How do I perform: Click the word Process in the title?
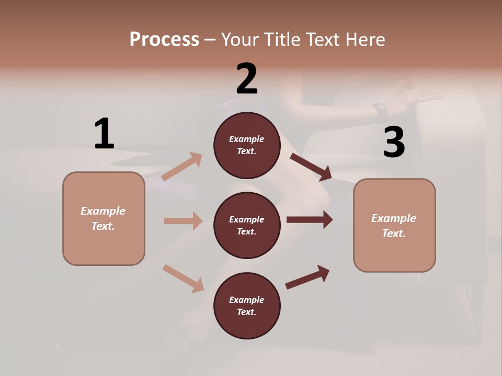point(164,39)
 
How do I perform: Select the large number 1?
point(104,134)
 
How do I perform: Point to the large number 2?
point(247,79)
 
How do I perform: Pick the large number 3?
point(394,142)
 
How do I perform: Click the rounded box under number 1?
point(104,218)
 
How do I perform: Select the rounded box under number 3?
point(394,225)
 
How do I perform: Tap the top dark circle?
point(247,145)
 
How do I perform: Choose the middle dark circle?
point(247,225)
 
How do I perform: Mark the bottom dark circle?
point(247,305)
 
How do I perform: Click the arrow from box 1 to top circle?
point(182,167)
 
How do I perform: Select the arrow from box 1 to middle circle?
point(183,221)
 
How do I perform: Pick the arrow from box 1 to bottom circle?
point(183,278)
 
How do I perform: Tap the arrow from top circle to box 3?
point(311,167)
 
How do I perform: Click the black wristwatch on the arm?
point(380,111)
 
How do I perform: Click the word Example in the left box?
point(103,211)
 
